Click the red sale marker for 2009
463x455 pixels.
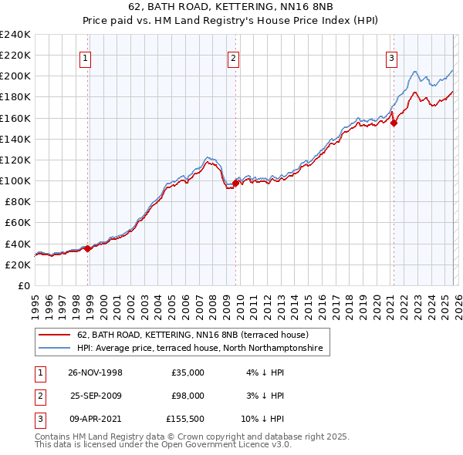236,183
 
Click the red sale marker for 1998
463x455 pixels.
88,248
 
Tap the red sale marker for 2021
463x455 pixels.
394,123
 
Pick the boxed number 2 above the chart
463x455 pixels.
233,57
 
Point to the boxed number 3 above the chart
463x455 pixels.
391,57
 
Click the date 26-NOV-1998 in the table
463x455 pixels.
95,372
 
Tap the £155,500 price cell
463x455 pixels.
185,419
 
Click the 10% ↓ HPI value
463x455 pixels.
262,419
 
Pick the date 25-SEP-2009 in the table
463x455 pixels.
95,396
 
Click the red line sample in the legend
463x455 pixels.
55,335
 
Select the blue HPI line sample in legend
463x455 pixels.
55,349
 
